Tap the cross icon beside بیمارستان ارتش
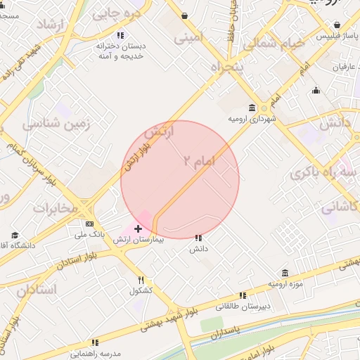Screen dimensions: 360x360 click(139, 229)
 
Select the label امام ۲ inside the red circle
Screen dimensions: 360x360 click(198, 162)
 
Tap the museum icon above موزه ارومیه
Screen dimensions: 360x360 click(284, 273)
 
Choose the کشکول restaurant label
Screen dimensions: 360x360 click(140, 290)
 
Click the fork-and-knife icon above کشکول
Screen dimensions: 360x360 click(141, 280)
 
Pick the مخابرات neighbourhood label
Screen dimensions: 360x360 click(54, 208)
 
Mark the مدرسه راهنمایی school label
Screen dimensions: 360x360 click(96, 352)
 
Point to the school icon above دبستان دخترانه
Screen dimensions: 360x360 click(121, 34)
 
